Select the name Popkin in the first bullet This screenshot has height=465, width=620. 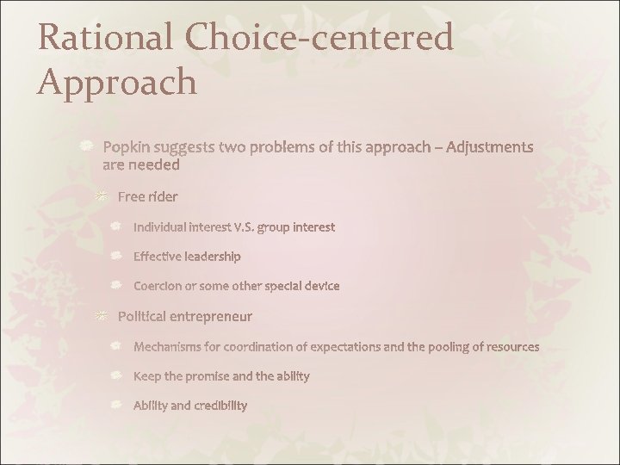coord(126,148)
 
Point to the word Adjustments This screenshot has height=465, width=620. coord(488,148)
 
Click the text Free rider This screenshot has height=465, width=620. coord(147,197)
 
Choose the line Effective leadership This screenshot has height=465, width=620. coord(187,257)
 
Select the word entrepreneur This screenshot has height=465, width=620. coord(213,316)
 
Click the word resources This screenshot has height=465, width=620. coord(510,347)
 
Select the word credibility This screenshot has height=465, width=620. coord(218,406)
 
